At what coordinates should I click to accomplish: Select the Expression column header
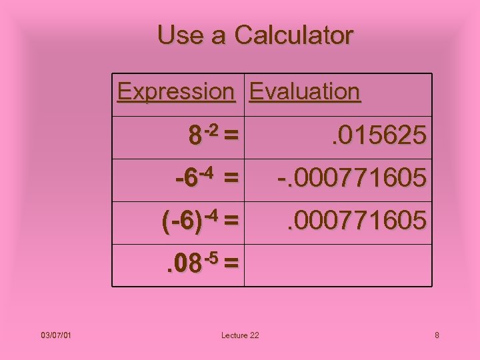(176, 91)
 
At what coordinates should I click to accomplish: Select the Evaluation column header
(305, 91)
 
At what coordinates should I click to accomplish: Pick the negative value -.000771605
(352, 179)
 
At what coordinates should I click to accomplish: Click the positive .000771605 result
(356, 220)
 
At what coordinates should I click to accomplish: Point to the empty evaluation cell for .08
(337, 265)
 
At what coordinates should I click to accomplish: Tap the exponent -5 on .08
(212, 257)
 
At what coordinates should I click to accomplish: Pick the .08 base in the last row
(183, 265)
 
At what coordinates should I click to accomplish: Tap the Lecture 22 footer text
(240, 335)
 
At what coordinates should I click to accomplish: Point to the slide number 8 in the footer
(437, 335)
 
